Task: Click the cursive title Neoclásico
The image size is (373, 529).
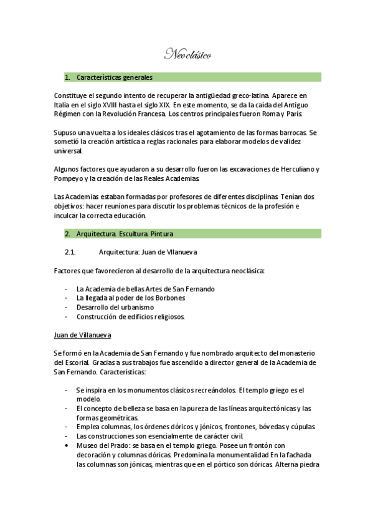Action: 187,56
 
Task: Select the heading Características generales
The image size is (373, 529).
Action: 115,78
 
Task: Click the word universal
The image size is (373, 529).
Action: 68,151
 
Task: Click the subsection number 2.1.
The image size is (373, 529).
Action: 70,252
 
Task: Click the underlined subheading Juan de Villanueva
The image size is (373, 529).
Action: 82,335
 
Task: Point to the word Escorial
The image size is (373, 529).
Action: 75,362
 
